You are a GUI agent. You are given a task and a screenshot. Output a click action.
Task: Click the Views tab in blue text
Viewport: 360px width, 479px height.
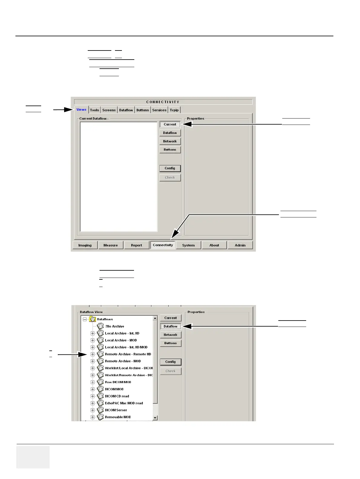coord(81,110)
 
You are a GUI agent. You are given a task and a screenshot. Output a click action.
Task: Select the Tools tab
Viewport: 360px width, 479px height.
coord(94,110)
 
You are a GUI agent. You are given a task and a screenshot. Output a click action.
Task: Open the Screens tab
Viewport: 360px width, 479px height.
coord(109,110)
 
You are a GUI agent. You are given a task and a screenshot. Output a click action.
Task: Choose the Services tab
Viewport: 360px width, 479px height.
coord(159,110)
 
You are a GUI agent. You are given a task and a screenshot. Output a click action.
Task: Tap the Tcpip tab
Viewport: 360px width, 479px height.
coord(174,110)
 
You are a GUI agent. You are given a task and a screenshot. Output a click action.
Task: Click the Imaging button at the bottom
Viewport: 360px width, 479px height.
coord(85,245)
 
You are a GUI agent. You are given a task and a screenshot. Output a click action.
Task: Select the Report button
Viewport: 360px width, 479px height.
coord(136,245)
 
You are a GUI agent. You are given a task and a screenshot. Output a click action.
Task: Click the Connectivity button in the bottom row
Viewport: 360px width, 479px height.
coord(163,245)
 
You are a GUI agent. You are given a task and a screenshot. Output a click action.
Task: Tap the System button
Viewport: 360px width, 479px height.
coord(188,245)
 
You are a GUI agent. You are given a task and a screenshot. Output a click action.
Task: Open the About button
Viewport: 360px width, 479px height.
coord(214,245)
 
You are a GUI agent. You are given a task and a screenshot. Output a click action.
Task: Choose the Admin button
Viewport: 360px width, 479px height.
coord(240,245)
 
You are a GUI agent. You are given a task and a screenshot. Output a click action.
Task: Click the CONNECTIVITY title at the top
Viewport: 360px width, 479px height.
coord(163,102)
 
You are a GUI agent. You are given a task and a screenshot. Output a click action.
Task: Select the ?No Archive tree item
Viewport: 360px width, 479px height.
coord(115,326)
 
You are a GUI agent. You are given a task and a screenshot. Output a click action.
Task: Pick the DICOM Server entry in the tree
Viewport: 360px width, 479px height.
coord(116,410)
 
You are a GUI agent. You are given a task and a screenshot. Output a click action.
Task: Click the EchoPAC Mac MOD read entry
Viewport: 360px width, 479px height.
coord(124,403)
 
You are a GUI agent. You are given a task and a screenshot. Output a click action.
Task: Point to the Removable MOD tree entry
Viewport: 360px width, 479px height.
coord(118,417)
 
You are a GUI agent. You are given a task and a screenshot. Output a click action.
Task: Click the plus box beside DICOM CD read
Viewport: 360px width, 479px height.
coord(93,396)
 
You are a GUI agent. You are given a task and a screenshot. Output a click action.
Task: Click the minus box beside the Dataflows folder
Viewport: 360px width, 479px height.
coord(85,319)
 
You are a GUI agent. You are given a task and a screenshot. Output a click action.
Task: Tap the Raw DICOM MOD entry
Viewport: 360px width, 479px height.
coord(118,382)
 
